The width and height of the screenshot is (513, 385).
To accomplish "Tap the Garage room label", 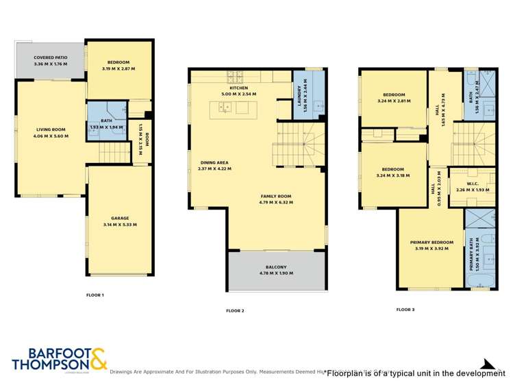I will pyautogui.click(x=120, y=218).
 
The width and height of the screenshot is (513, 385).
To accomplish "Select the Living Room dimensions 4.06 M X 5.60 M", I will pyautogui.click(x=51, y=136).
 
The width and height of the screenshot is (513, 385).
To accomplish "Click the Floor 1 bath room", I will pyautogui.click(x=106, y=123).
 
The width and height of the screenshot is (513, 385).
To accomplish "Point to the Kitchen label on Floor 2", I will pyautogui.click(x=238, y=88).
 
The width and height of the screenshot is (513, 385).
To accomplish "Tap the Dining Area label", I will pyautogui.click(x=214, y=162).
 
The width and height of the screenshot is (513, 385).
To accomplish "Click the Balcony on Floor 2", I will pyautogui.click(x=276, y=267).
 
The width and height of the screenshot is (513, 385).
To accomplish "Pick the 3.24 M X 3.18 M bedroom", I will pyautogui.click(x=394, y=172).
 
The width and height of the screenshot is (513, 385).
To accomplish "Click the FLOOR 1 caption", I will pyautogui.click(x=95, y=295).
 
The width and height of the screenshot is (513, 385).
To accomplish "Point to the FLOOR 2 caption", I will pyautogui.click(x=235, y=310).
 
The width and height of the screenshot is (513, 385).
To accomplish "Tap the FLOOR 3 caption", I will pyautogui.click(x=405, y=310).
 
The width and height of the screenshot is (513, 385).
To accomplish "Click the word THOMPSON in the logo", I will pyautogui.click(x=50, y=367).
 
